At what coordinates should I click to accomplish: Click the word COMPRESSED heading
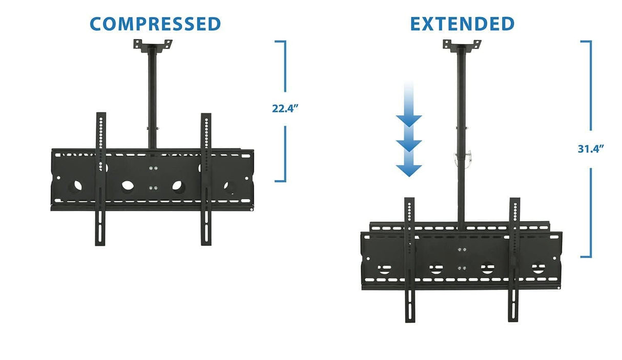tap(155, 24)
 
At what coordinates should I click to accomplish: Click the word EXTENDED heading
tap(462, 24)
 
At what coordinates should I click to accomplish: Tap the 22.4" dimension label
tap(285, 109)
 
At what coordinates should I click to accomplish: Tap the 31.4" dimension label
tap(590, 149)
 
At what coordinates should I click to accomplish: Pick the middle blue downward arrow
tap(409, 145)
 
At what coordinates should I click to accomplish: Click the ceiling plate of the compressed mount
tap(153, 45)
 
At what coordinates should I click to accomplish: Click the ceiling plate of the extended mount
tap(462, 45)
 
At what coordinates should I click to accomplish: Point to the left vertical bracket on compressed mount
tap(100, 179)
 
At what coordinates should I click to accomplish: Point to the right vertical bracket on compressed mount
tap(206, 179)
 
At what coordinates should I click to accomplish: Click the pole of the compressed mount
tap(153, 97)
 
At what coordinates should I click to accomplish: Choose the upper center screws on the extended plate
tap(462, 250)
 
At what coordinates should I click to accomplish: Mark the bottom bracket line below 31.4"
tap(587, 257)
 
